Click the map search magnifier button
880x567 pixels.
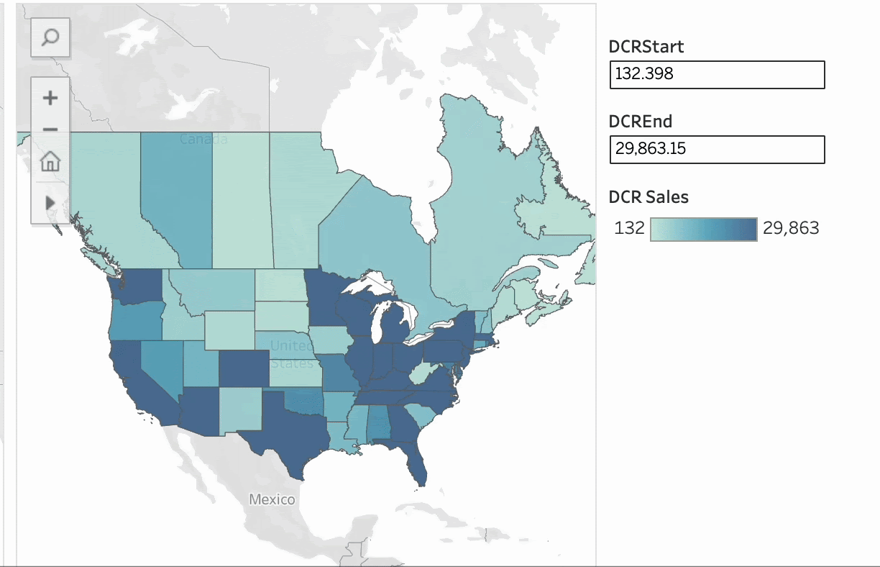pos(50,37)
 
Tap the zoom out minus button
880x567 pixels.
pos(50,130)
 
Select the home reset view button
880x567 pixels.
pos(50,162)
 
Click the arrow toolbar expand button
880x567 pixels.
pos(50,202)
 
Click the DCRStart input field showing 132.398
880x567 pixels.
pos(717,75)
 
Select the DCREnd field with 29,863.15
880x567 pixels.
pos(717,150)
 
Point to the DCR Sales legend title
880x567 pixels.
pos(648,196)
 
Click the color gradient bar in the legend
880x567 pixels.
pos(703,229)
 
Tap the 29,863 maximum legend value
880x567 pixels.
pos(791,229)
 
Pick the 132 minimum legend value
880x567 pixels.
pos(629,229)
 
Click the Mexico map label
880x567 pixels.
pos(272,499)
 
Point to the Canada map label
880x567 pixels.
pos(203,139)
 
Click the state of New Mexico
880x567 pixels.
pos(240,410)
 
